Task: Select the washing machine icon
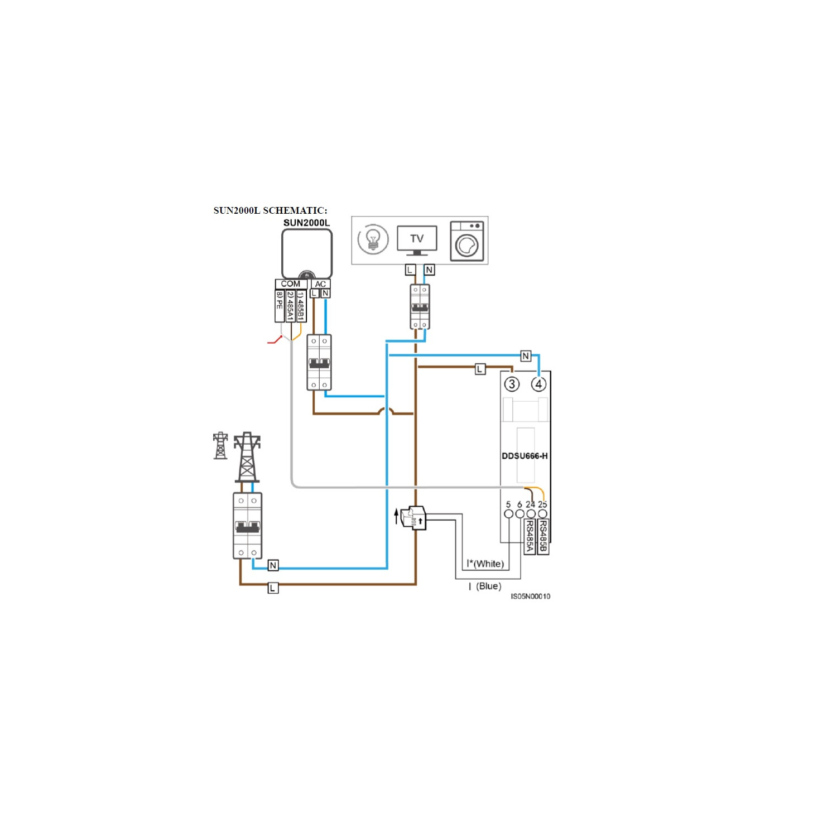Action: [x=467, y=241]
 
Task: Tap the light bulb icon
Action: [x=373, y=239]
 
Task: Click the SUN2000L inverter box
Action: [x=307, y=254]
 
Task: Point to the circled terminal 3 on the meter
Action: [x=512, y=384]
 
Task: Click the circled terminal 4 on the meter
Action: [x=538, y=384]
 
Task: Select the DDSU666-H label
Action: [x=525, y=456]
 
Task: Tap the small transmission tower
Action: [x=220, y=445]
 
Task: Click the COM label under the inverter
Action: [x=291, y=284]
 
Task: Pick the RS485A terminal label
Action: [x=530, y=537]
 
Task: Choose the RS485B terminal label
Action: [x=543, y=537]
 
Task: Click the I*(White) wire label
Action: [x=485, y=564]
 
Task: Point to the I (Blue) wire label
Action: [x=485, y=586]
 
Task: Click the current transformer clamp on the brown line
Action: [x=413, y=518]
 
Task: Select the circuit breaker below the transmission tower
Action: [x=247, y=526]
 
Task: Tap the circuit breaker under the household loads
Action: [x=420, y=307]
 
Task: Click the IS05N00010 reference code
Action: [x=531, y=597]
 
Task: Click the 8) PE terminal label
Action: [x=280, y=306]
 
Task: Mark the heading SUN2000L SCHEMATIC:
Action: [x=271, y=210]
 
